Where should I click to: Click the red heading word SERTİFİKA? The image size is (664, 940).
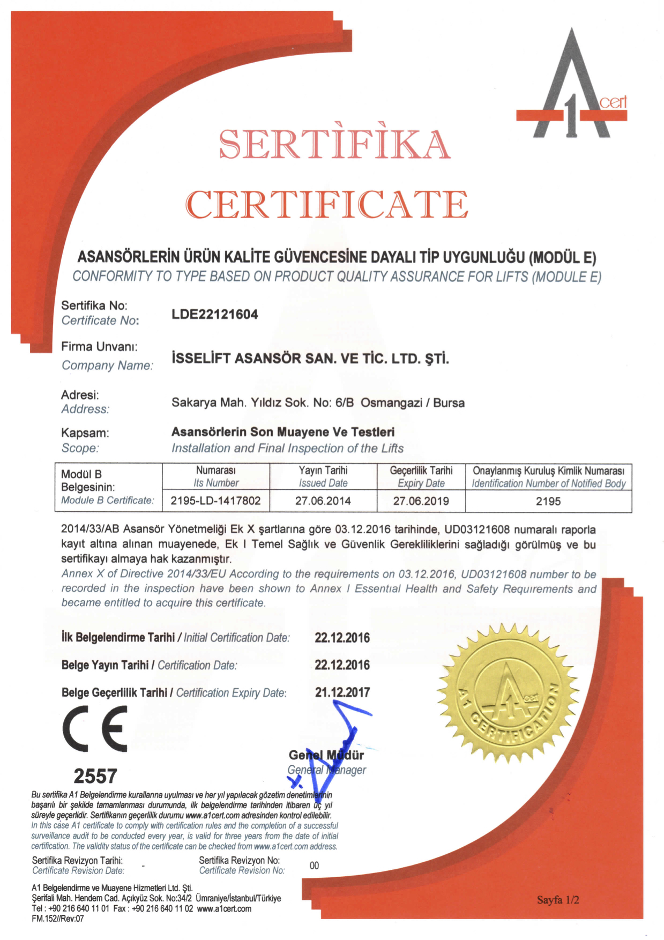(x=334, y=144)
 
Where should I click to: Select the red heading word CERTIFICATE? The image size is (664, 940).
(x=327, y=204)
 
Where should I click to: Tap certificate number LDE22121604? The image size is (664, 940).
(x=214, y=315)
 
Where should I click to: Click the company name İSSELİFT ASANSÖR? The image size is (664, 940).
(x=310, y=359)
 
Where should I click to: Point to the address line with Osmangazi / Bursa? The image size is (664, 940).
(x=318, y=402)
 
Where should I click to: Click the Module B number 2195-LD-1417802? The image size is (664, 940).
(x=215, y=501)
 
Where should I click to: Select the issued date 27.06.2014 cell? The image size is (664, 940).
(x=323, y=501)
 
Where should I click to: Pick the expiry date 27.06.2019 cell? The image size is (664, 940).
(x=421, y=501)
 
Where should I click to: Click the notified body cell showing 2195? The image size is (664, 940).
(x=548, y=501)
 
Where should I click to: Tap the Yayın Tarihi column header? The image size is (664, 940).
(x=323, y=471)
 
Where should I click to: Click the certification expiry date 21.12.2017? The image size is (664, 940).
(x=342, y=692)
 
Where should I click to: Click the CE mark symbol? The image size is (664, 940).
(x=95, y=728)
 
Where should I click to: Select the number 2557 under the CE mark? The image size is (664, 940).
(x=95, y=776)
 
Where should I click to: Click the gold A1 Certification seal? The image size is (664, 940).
(x=508, y=693)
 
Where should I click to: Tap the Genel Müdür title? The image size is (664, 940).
(x=326, y=755)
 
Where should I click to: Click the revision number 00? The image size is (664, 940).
(x=314, y=866)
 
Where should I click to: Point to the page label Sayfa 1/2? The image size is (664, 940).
(x=558, y=900)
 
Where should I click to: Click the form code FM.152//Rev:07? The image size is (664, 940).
(x=58, y=919)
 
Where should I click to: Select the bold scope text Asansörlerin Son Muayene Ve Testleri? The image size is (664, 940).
(x=283, y=432)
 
